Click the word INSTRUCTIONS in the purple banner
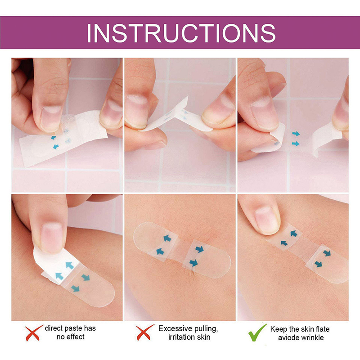coord(181,33)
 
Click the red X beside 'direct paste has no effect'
coord(34,333)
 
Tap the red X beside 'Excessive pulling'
coord(145,333)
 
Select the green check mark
coord(257,333)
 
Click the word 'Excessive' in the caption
coord(175,328)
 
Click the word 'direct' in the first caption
coord(53,328)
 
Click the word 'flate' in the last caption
coord(323,329)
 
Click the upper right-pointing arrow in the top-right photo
coord(296,134)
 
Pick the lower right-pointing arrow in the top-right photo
coord(296,144)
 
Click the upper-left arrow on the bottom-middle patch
coord(167,238)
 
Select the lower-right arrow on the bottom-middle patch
coord(193,262)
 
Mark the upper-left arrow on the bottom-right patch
coord(294,234)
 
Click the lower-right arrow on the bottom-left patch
coord(75,288)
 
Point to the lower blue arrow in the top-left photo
coord(56,146)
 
